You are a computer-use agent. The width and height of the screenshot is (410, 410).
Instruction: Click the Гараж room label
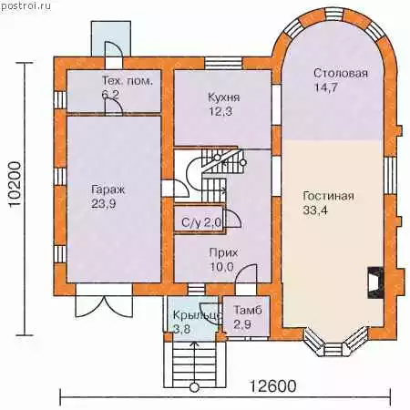coord(108,190)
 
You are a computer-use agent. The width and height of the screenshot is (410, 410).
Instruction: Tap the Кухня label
coord(224,97)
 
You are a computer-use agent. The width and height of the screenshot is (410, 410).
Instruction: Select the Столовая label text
coord(341,73)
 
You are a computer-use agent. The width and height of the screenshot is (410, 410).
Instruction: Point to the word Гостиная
coord(328,196)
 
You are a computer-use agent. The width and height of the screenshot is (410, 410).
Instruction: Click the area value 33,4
coord(315,210)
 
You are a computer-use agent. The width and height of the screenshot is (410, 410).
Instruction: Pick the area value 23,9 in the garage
coord(104,203)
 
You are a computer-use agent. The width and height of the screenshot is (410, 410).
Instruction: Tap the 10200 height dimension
coord(15,185)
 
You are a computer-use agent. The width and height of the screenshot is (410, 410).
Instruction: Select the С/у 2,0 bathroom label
coord(201,223)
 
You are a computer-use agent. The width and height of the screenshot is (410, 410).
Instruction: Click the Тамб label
coord(248,310)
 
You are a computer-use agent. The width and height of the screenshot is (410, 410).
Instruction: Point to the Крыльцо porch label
coord(197,314)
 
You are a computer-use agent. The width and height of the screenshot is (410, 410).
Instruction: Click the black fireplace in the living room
coord(375,282)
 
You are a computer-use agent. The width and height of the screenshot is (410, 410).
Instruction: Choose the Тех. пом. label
coord(127,81)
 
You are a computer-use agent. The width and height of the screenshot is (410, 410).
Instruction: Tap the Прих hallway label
coord(223,252)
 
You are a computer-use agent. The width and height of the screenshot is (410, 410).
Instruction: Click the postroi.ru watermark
coord(26,6)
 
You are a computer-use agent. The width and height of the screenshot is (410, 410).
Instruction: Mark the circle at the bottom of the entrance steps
coord(194,387)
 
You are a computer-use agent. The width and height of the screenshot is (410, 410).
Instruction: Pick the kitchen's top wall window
coord(223,63)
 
